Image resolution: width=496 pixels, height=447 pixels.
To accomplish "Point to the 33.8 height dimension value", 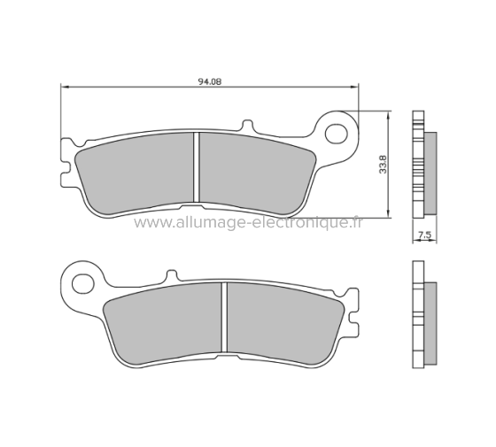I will tap(383, 164).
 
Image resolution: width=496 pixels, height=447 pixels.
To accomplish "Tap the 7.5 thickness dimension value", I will tap(424, 235).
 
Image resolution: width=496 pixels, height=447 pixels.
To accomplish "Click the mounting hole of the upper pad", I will tap(337, 134).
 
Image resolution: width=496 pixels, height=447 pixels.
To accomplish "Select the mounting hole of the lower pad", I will tap(82, 284).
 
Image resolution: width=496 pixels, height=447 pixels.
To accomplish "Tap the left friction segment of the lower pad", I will tap(164, 323).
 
